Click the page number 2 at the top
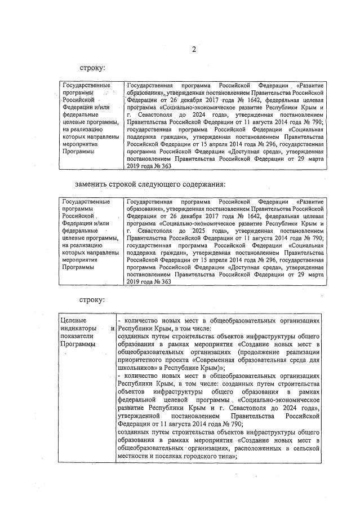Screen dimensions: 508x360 tap(194, 49)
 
